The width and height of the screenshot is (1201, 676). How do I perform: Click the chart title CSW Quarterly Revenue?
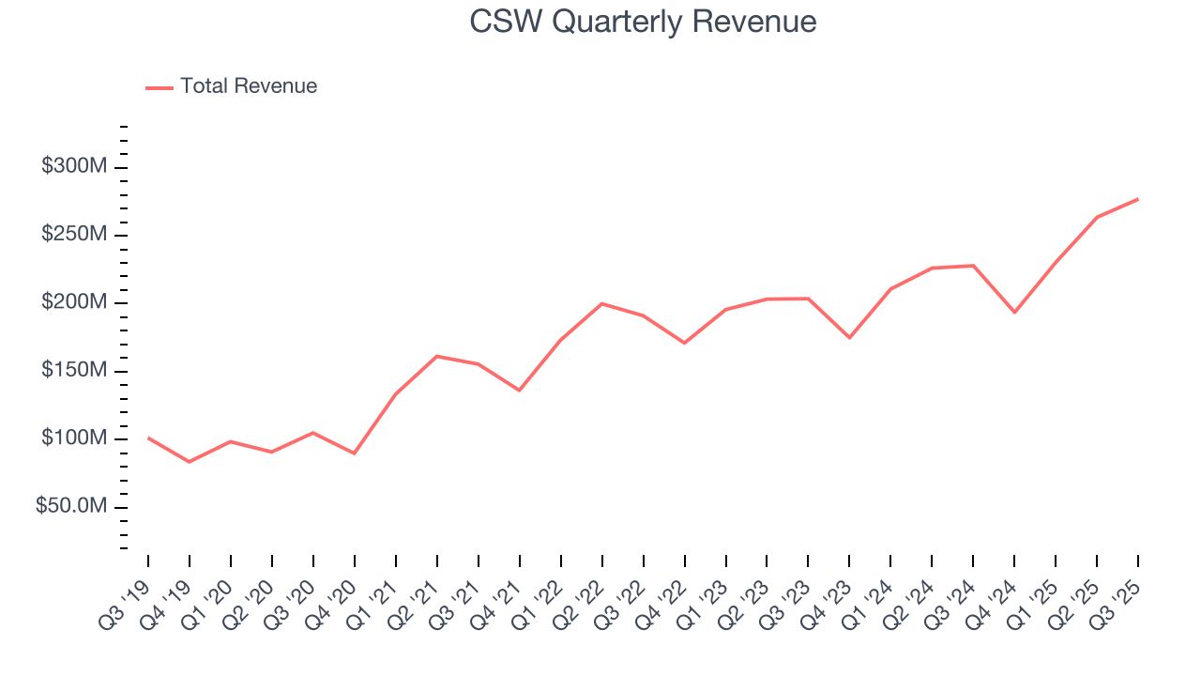(x=643, y=22)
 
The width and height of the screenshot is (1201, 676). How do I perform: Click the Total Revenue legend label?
(x=249, y=86)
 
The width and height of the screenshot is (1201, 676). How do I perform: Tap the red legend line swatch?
(x=160, y=87)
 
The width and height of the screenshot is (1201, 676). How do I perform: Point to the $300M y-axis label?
(x=74, y=167)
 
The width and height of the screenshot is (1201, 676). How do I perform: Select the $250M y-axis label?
(x=74, y=235)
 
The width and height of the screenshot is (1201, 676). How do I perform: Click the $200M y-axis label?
(x=74, y=303)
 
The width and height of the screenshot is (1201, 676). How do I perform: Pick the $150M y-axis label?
(x=74, y=371)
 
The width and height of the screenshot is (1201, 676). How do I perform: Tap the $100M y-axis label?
(x=74, y=438)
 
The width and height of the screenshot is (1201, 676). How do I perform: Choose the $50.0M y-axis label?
(x=70, y=507)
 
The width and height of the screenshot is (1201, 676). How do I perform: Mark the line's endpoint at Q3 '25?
(x=1138, y=199)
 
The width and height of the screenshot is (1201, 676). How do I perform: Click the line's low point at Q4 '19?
(x=190, y=462)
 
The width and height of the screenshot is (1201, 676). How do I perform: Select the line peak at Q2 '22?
(x=601, y=303)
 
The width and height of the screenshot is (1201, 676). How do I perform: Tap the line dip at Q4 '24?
(x=1014, y=312)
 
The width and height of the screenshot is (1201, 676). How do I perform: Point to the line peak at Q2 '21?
(x=437, y=356)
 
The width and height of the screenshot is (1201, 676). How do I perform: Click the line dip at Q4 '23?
(x=849, y=337)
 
